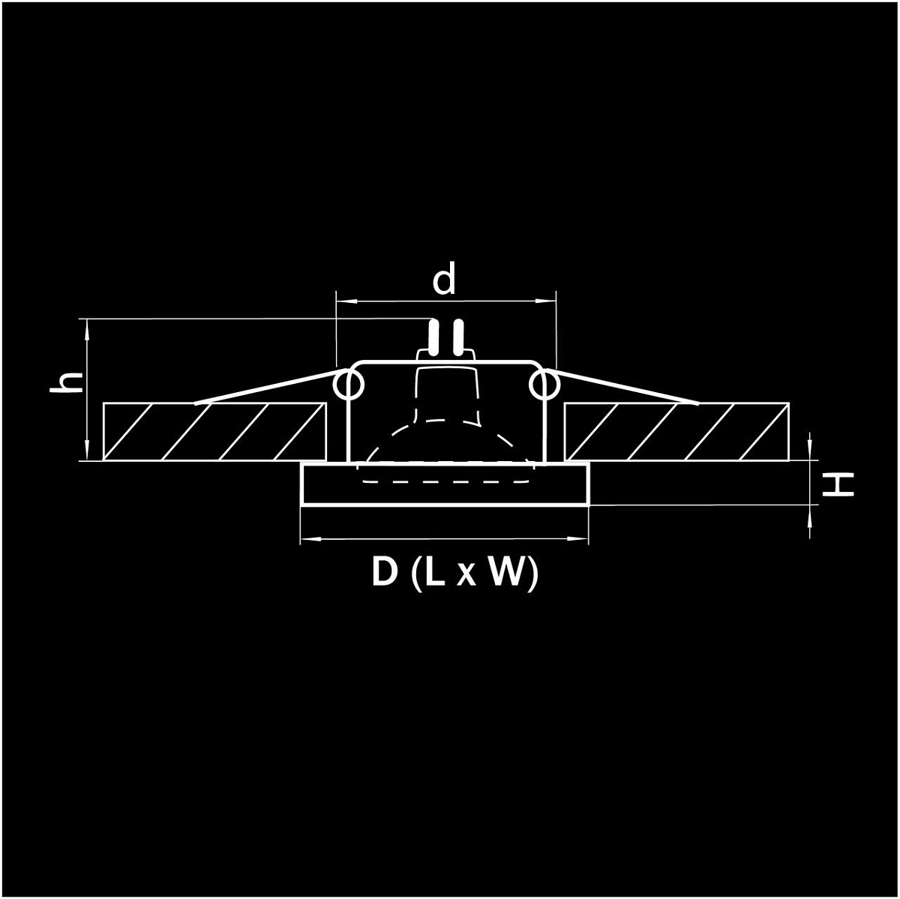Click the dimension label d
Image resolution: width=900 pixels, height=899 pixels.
point(444,279)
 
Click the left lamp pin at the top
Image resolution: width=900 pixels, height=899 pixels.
point(433,336)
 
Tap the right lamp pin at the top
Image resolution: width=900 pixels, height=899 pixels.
point(459,336)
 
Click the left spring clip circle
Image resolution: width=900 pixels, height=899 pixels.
point(349,385)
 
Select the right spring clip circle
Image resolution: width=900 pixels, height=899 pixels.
point(544,385)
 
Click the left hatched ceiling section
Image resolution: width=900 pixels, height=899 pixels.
point(214,431)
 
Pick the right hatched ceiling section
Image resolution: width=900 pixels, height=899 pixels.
point(676,431)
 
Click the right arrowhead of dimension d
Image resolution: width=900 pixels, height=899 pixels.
point(549,301)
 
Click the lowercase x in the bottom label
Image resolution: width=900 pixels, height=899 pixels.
point(466,576)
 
